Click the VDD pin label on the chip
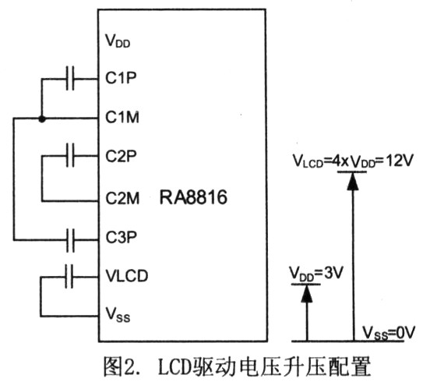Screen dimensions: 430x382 point(118,41)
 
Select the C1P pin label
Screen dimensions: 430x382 point(121,78)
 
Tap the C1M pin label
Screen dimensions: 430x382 point(122,117)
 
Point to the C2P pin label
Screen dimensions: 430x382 point(121,156)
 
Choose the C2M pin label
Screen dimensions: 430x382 point(122,198)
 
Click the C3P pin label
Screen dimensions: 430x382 point(121,237)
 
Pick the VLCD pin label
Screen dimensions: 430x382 point(127,276)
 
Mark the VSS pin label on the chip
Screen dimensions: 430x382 point(118,314)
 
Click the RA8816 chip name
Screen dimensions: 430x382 point(193,197)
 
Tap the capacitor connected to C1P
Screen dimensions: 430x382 point(70,79)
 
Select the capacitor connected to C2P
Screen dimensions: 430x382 point(70,156)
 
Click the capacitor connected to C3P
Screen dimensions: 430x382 point(70,240)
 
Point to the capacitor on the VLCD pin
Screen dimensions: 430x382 point(69,276)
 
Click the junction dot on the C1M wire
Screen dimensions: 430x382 point(42,118)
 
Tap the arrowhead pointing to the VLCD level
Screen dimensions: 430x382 point(353,182)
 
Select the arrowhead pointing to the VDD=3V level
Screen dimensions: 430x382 point(307,294)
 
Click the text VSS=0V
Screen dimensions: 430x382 point(389,333)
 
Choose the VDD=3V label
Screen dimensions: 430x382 point(316,274)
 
